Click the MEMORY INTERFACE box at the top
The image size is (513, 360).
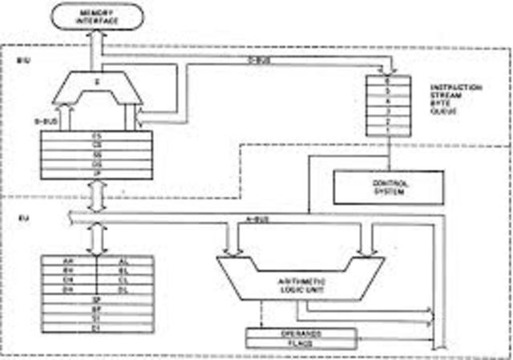[95, 17]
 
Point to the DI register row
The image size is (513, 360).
[96, 328]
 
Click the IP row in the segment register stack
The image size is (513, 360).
[96, 172]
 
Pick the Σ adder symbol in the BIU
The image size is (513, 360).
[97, 82]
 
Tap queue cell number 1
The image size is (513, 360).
[388, 129]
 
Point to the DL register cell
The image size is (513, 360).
[123, 289]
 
